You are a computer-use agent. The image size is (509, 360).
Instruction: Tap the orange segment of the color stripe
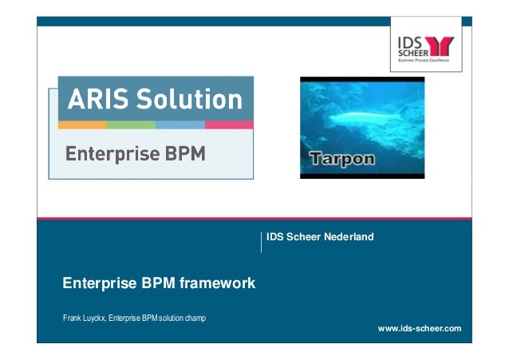tap(82, 125)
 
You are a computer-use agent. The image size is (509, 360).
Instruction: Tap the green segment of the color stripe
tap(131, 125)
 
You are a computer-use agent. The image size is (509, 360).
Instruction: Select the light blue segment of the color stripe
tap(180, 125)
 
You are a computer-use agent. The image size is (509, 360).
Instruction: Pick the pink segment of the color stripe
tap(229, 125)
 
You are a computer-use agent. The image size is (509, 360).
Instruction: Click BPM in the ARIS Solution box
tap(183, 153)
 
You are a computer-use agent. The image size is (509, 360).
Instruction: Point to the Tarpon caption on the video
tap(342, 159)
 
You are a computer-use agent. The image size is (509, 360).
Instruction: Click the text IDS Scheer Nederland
tap(320, 237)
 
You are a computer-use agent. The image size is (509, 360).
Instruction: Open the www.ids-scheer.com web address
tap(419, 328)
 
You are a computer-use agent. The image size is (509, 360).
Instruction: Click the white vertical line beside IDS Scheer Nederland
tap(261, 242)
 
